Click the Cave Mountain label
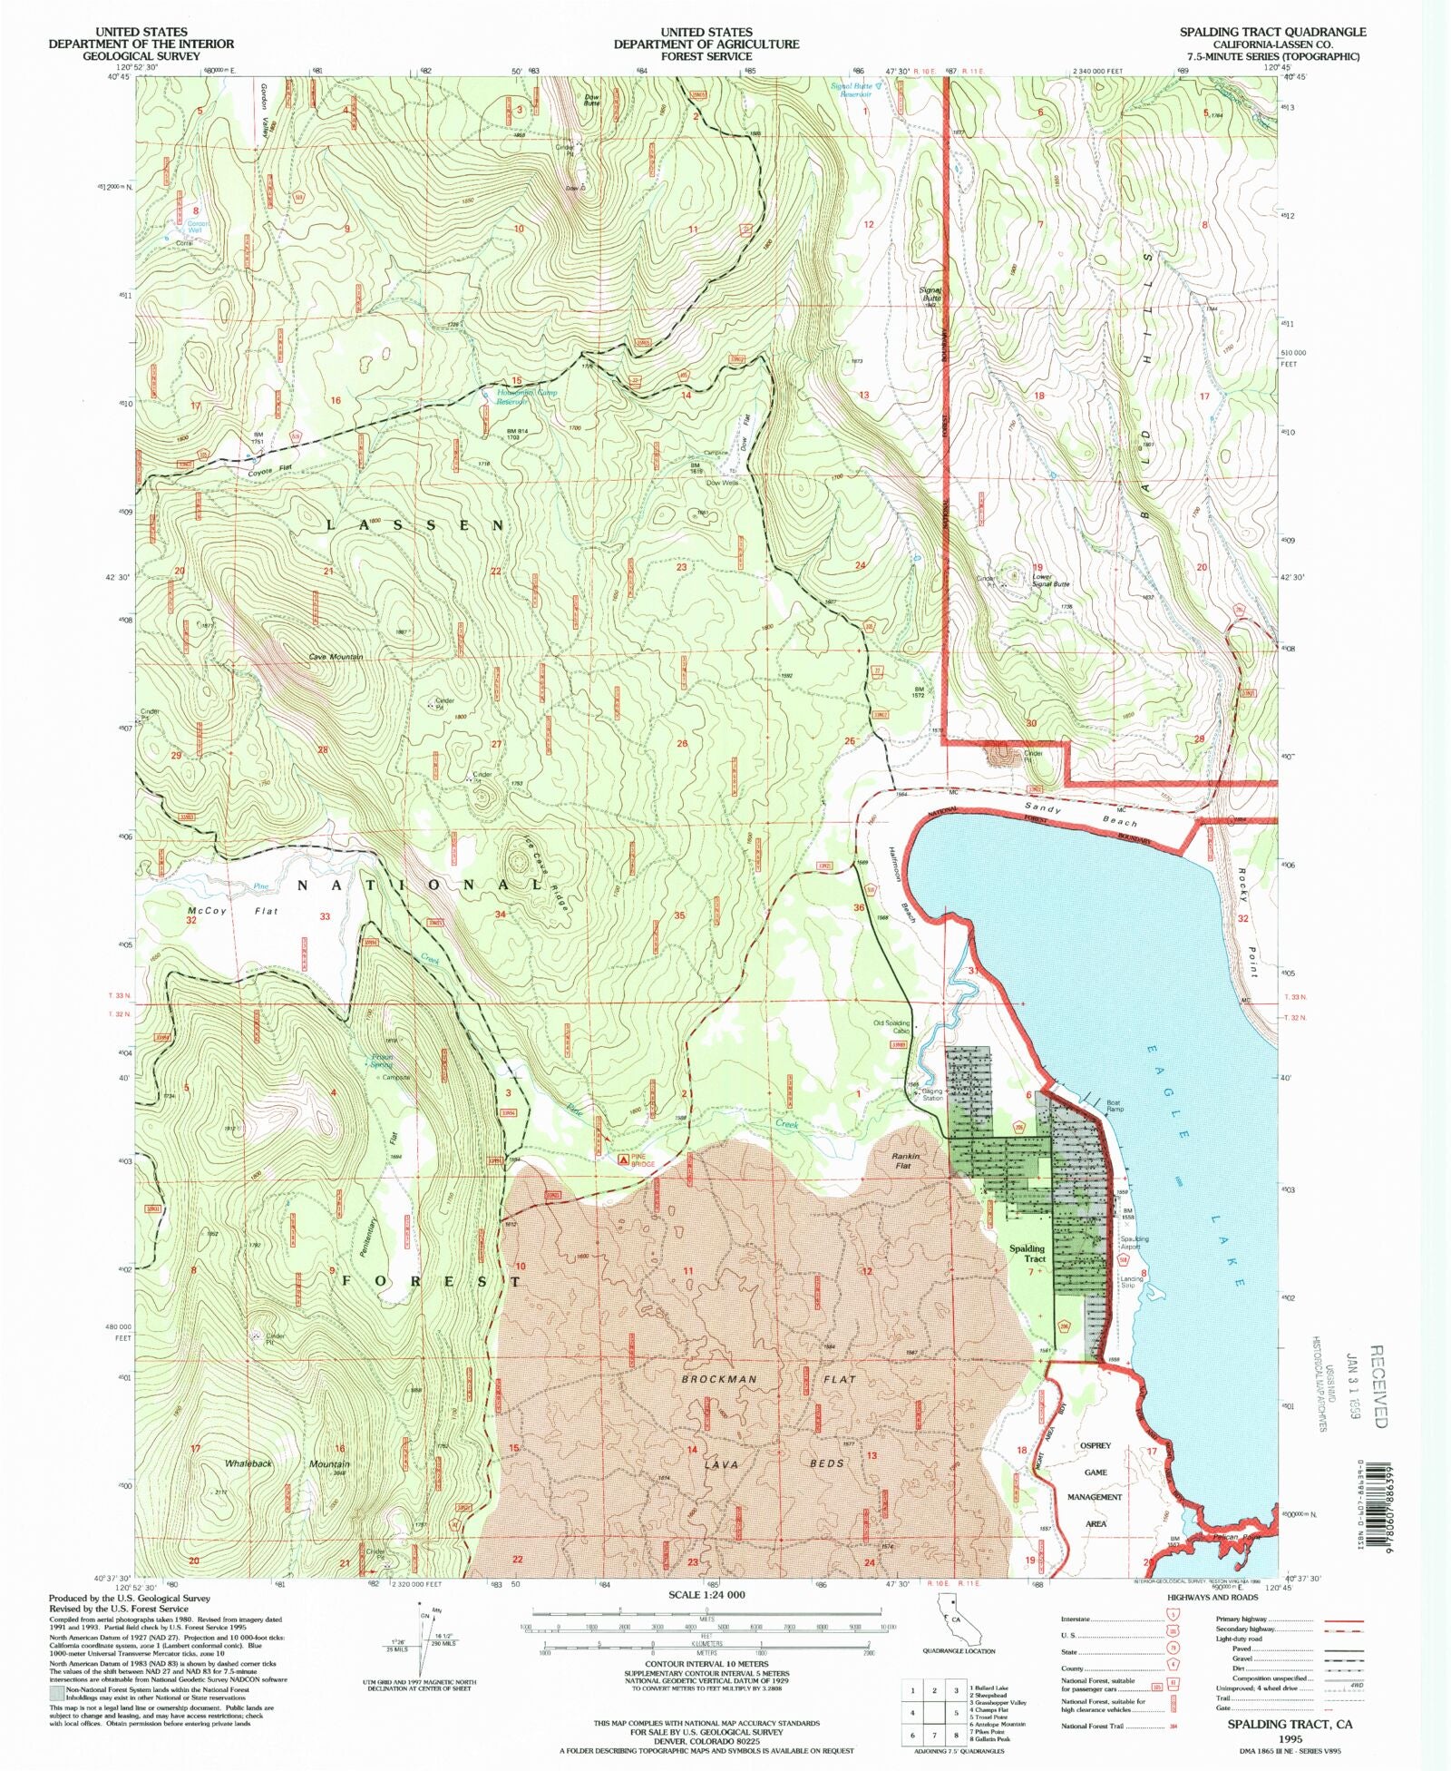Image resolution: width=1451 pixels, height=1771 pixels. pyautogui.click(x=336, y=657)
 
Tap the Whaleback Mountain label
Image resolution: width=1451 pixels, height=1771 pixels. pyautogui.click(x=287, y=1464)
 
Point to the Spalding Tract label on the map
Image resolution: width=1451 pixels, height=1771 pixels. pyautogui.click(x=1027, y=1253)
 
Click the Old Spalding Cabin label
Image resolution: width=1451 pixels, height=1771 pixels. pyautogui.click(x=891, y=1027)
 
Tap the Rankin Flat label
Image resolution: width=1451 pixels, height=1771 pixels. pyautogui.click(x=906, y=1161)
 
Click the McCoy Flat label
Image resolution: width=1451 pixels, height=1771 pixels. pyautogui.click(x=233, y=911)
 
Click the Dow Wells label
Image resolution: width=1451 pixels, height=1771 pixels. pyautogui.click(x=723, y=483)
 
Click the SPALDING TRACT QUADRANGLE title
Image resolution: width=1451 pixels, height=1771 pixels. pyautogui.click(x=1272, y=32)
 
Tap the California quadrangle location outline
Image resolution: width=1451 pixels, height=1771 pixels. pyautogui.click(x=958, y=1619)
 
